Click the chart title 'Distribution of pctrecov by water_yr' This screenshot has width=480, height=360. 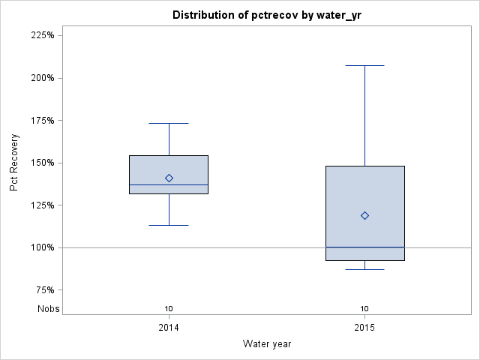pyautogui.click(x=266, y=15)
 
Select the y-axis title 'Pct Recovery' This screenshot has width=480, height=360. pyautogui.click(x=15, y=163)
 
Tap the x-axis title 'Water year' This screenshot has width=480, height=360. pyautogui.click(x=266, y=343)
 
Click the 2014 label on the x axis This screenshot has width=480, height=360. pyautogui.click(x=169, y=328)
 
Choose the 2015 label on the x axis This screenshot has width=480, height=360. pyautogui.click(x=364, y=328)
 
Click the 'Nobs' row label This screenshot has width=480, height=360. pyautogui.click(x=48, y=308)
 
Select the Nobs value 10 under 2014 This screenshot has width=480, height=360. pyautogui.click(x=169, y=308)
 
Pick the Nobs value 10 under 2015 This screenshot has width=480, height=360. pyautogui.click(x=364, y=308)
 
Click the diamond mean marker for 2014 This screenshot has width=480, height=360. pyautogui.click(x=169, y=178)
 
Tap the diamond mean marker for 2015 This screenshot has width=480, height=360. pyautogui.click(x=364, y=215)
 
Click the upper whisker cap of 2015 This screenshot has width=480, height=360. pyautogui.click(x=364, y=65)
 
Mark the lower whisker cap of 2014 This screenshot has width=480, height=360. pyautogui.click(x=169, y=225)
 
